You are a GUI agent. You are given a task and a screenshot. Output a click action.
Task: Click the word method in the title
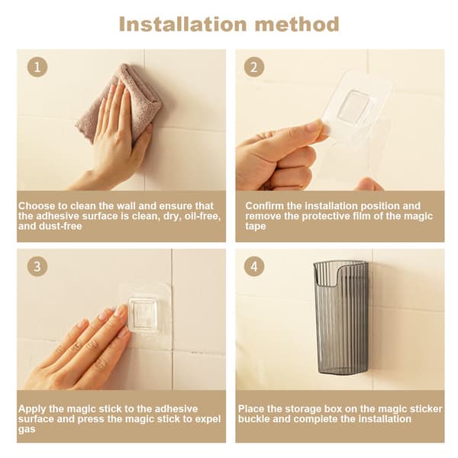(297, 24)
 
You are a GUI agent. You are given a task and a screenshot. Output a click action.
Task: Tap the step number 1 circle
(37, 67)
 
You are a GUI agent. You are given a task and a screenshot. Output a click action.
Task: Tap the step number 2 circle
(254, 67)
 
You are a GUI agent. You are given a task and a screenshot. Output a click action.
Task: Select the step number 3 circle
(37, 266)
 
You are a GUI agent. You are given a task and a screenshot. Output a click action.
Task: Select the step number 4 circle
(254, 266)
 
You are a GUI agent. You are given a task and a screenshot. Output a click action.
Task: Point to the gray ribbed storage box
(340, 318)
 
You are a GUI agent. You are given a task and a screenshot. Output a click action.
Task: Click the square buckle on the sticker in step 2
(353, 106)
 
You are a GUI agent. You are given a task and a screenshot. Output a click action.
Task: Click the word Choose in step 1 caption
(37, 206)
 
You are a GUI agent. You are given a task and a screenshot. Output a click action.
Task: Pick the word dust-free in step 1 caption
(61, 226)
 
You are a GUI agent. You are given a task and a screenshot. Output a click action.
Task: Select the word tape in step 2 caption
(256, 227)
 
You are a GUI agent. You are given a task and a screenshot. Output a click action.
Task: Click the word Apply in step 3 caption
(32, 409)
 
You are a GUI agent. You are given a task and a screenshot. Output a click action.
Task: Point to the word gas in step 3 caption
(27, 429)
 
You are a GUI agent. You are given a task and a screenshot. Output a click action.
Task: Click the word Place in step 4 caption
(251, 408)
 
